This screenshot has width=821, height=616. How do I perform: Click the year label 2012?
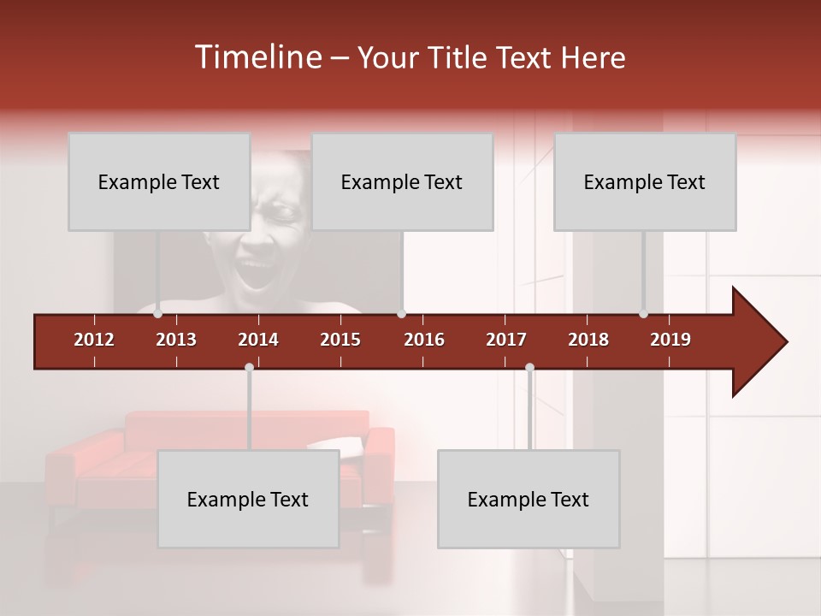pyautogui.click(x=94, y=340)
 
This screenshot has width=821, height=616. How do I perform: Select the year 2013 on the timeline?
pyautogui.click(x=176, y=340)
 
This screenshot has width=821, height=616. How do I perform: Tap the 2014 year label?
pyautogui.click(x=258, y=340)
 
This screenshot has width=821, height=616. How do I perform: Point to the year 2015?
pyautogui.click(x=340, y=340)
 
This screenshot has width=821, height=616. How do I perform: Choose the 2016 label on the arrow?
pyautogui.click(x=424, y=340)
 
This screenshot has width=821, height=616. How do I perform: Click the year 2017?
pyautogui.click(x=506, y=340)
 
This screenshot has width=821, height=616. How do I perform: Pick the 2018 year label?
pyautogui.click(x=588, y=340)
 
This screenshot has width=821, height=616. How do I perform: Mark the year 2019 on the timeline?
pyautogui.click(x=670, y=340)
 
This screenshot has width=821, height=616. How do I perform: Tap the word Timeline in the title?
pyautogui.click(x=257, y=57)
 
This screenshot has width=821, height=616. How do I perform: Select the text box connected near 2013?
pyautogui.click(x=159, y=181)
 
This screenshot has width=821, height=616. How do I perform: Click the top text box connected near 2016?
pyautogui.click(x=402, y=181)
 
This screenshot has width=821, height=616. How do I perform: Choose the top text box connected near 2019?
pyautogui.click(x=645, y=181)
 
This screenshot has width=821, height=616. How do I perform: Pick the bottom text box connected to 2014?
pyautogui.click(x=248, y=499)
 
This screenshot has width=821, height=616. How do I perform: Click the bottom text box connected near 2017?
pyautogui.click(x=529, y=499)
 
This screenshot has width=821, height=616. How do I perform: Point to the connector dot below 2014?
pyautogui.click(x=249, y=368)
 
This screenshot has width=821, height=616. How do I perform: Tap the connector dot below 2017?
pyautogui.click(x=529, y=368)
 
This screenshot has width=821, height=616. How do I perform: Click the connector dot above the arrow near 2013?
pyautogui.click(x=157, y=314)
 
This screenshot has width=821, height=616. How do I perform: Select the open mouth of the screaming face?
pyautogui.click(x=257, y=275)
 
